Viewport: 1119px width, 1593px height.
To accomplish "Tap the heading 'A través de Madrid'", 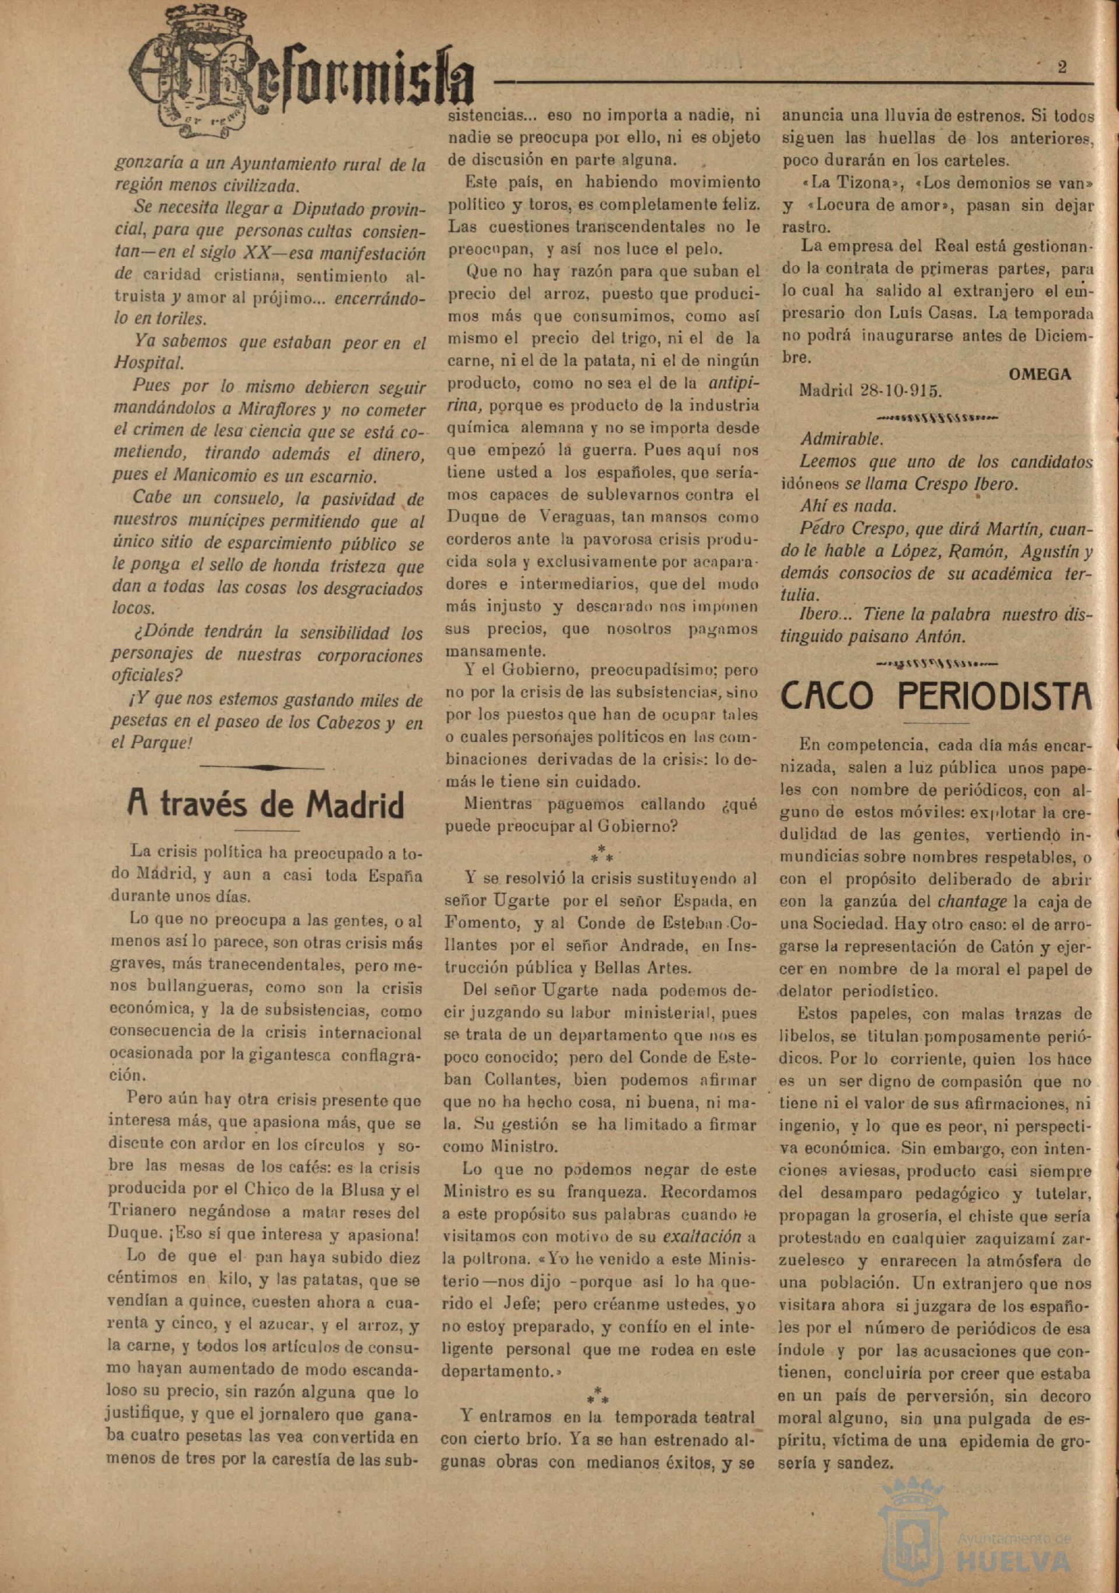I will [x=266, y=805].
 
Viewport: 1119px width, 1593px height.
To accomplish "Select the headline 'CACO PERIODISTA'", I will [x=936, y=696].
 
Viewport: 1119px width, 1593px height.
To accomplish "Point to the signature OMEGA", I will [x=1039, y=374].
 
